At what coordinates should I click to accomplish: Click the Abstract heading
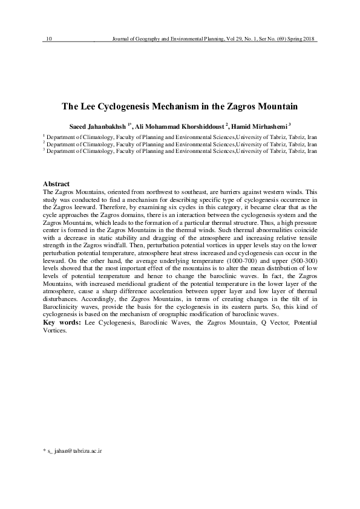pyautogui.click(x=57, y=183)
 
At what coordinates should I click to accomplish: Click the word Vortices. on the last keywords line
pyautogui.click(x=56, y=331)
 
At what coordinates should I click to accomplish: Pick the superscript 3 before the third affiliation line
pyautogui.click(x=44, y=150)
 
